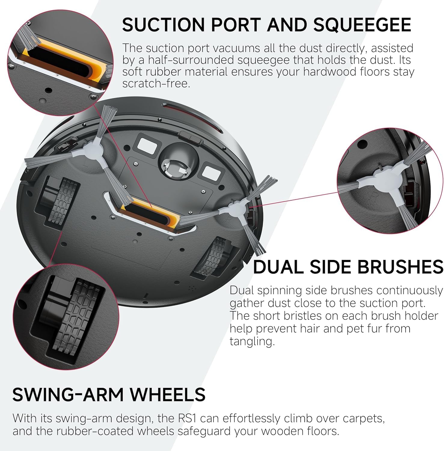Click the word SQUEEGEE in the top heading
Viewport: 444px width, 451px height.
362,25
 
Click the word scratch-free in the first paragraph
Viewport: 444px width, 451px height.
156,83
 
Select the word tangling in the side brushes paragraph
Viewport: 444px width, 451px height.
252,342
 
